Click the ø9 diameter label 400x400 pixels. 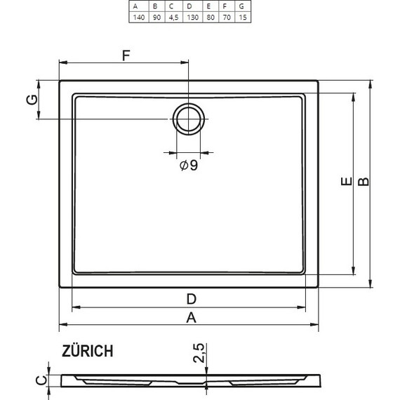188,166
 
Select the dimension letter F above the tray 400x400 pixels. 126,57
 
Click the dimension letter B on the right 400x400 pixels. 363,182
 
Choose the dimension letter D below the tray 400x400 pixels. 190,298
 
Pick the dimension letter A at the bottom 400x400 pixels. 190,317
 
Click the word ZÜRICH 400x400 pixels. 86,351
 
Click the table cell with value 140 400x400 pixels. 138,18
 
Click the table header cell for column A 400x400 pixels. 138,6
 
